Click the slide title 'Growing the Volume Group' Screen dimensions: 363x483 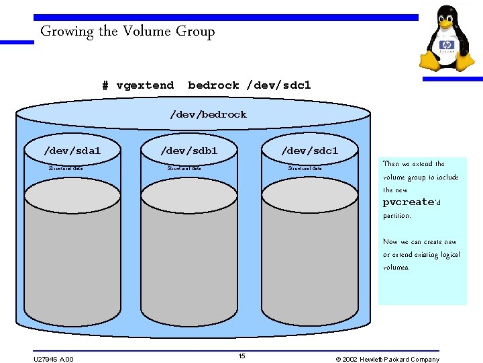tap(127, 31)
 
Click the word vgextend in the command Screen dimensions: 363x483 tap(145, 85)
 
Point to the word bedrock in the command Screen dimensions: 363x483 tap(213, 85)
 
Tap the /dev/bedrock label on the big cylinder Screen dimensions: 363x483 tap(208, 114)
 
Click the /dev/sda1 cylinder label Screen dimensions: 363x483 tap(72, 151)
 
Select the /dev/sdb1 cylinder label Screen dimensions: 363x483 tap(189, 151)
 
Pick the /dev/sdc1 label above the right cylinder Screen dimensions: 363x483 tap(309, 151)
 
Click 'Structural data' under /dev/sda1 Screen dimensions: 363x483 tap(66, 169)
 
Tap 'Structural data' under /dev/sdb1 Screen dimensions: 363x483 tap(184, 169)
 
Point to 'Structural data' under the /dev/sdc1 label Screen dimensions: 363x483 tap(305, 169)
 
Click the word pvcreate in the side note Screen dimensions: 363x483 tap(408, 202)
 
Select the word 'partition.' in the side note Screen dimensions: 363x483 tap(396, 216)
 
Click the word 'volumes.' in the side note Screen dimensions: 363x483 tap(396, 267)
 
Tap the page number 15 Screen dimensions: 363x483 tap(241, 356)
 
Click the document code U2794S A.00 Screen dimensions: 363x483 tap(54, 359)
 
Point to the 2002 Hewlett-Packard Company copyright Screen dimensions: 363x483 tap(387, 359)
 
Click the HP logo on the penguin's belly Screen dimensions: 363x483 tap(447, 46)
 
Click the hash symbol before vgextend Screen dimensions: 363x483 tap(105, 85)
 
